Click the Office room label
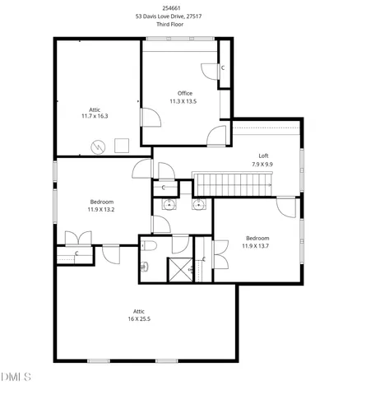coord(185,93)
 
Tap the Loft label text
coord(263,156)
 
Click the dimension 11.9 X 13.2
coord(102,209)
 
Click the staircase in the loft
coord(233,184)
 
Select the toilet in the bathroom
coord(145,266)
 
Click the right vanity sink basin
coord(198,205)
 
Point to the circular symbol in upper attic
coord(99,147)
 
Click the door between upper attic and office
coord(149,118)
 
